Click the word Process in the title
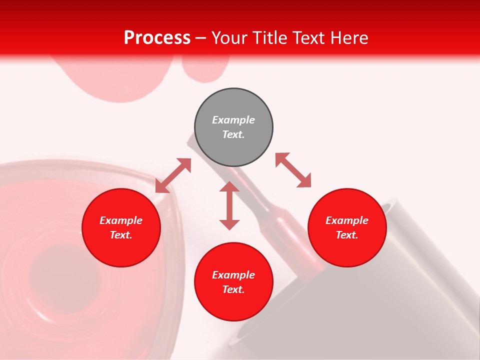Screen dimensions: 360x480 pos(157,38)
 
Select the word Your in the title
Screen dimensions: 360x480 pos(230,38)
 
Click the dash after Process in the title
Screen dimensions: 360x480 pos(201,38)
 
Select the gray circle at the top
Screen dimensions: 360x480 pos(233,127)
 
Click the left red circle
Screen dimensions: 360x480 pos(121,227)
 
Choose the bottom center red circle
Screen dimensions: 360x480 pos(233,282)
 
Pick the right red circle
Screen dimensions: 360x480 pos(347,227)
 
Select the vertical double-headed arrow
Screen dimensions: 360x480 pos(229,205)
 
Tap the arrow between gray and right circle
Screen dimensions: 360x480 pos(293,170)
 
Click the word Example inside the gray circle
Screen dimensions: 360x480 pos(233,120)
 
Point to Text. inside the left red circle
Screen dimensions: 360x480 pos(121,235)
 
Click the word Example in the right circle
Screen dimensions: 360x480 pos(347,220)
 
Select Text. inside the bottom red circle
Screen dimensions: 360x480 pos(233,289)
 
